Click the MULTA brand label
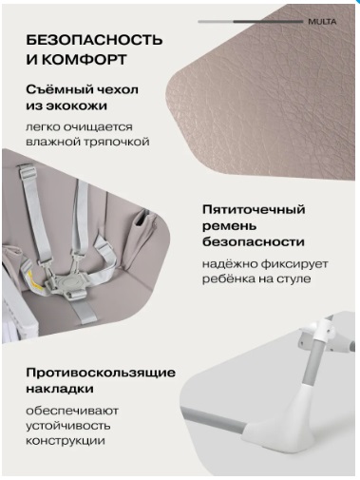tap(322, 22)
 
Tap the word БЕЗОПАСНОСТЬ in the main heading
tap(94, 40)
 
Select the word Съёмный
tap(57, 89)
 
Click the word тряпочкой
tap(117, 142)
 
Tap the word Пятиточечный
tap(254, 209)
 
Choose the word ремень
tap(229, 226)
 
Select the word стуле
tap(294, 279)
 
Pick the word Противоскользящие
tap(101, 373)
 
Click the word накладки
tap(60, 389)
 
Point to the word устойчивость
tap(68, 426)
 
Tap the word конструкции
tap(66, 441)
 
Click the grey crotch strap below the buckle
tap(84, 312)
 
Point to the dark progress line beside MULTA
tap(268, 22)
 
